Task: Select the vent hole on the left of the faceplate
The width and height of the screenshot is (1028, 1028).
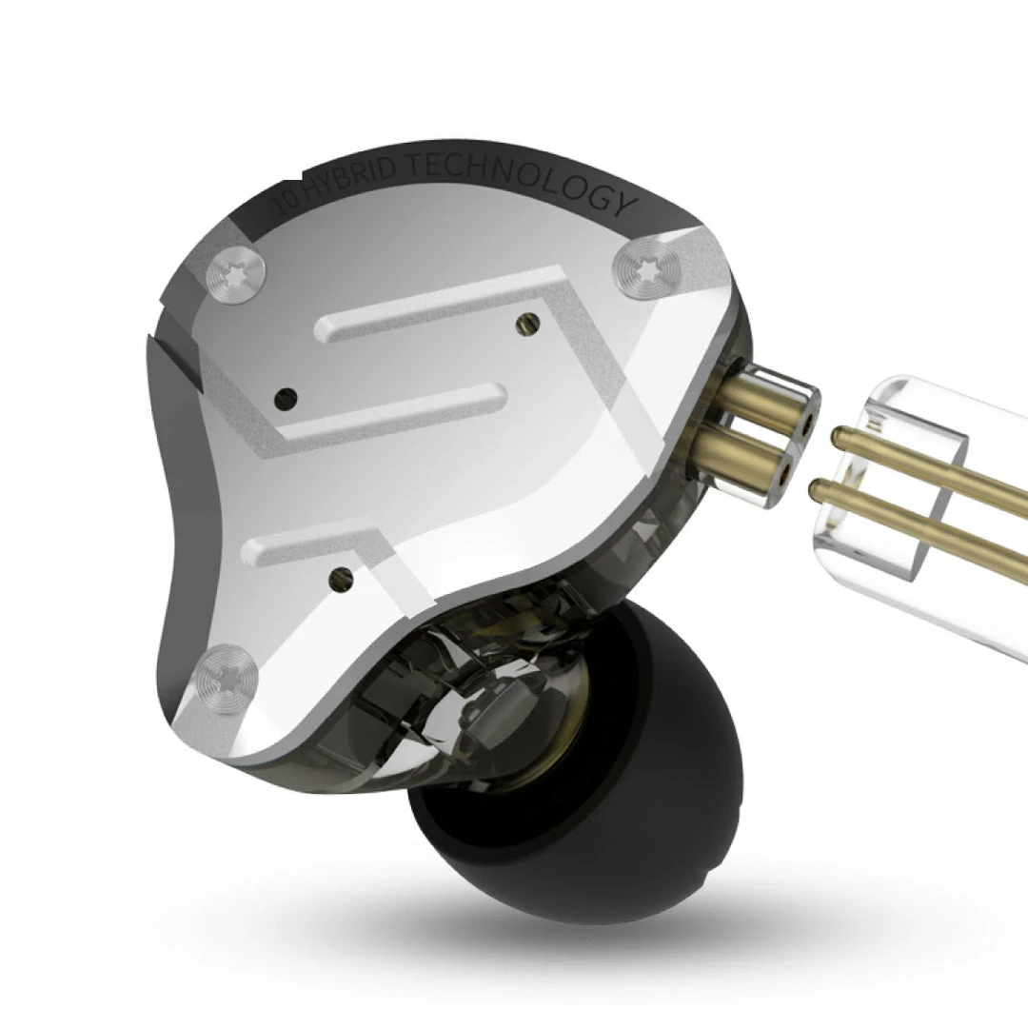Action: click(x=284, y=398)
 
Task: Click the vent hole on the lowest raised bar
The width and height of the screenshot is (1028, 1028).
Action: click(x=338, y=574)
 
